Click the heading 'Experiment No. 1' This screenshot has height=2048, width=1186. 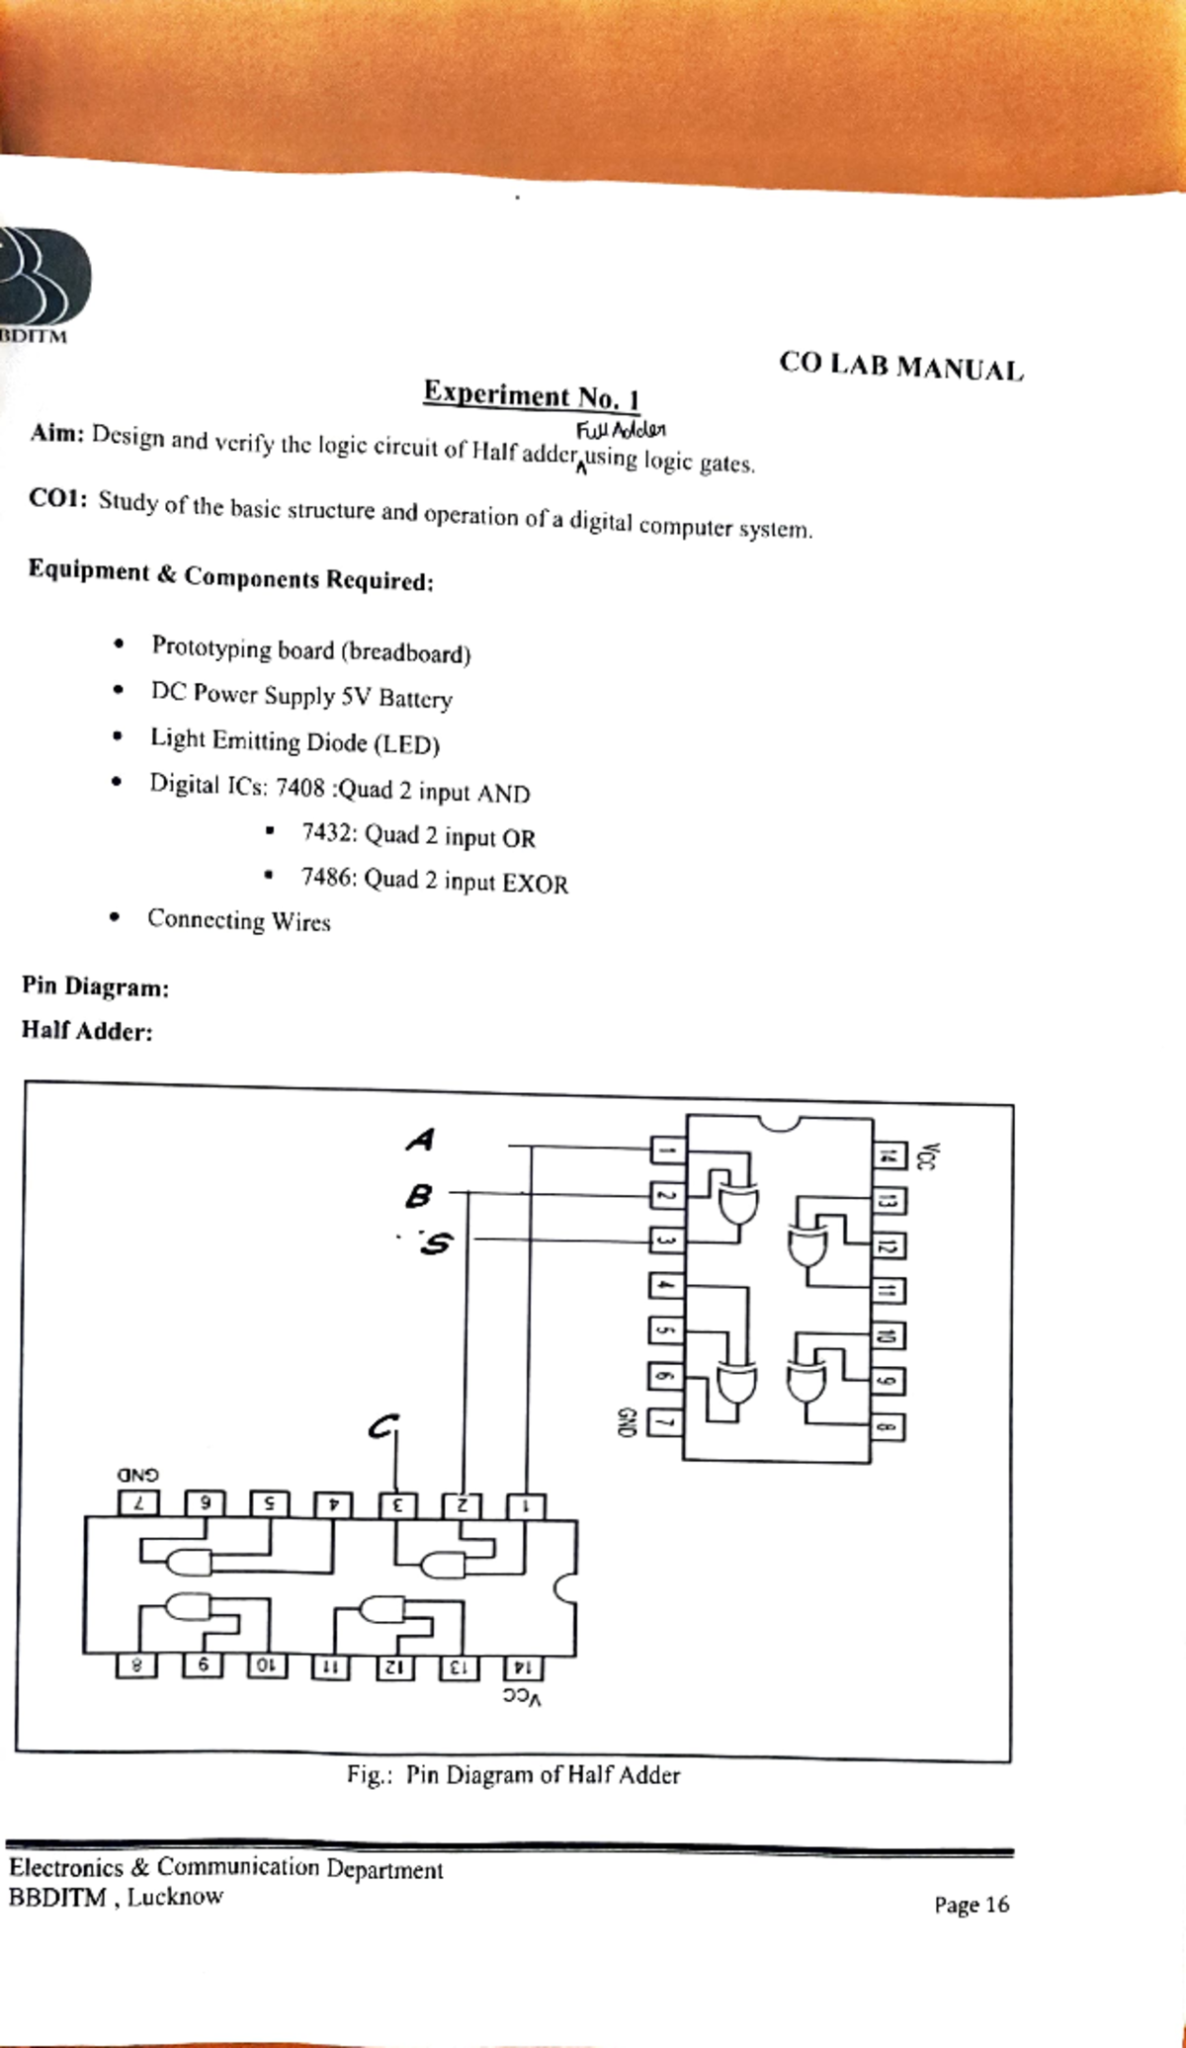pos(532,395)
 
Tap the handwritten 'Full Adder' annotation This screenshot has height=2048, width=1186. pos(621,431)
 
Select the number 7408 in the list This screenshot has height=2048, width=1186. pos(299,788)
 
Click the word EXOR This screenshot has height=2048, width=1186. pos(535,884)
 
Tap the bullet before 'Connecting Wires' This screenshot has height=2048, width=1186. pos(116,918)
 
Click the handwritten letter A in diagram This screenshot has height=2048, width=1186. pos(420,1140)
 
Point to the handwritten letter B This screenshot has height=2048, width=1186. pos(418,1197)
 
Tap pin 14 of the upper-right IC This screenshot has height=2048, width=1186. pos(888,1154)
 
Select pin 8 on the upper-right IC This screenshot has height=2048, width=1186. pos(888,1427)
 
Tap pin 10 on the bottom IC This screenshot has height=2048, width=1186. pos(265,1665)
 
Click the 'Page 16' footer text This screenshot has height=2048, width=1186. pos(971,1905)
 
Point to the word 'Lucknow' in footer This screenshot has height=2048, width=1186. pos(174,1897)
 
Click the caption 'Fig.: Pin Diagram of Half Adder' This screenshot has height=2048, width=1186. pos(513,1775)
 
